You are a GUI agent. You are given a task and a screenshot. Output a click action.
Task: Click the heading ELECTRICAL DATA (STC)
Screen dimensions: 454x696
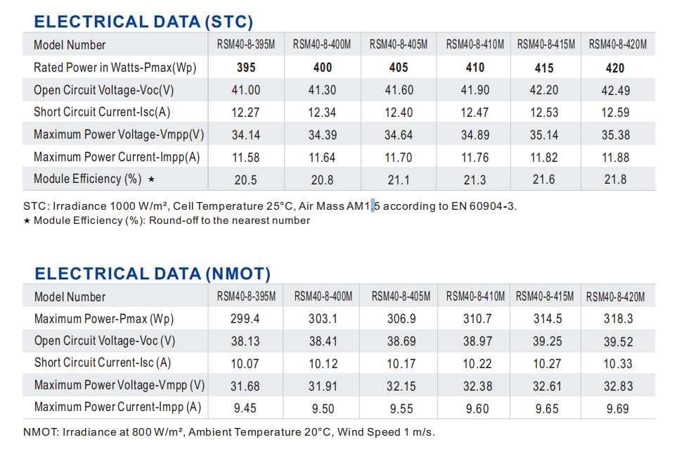coord(143,22)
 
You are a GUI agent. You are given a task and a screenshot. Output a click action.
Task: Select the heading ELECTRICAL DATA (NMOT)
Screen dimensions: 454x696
coord(153,274)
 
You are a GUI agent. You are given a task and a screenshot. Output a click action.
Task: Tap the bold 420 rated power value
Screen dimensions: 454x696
coord(614,68)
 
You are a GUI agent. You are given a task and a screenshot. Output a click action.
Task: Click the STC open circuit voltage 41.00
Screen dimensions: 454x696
coord(245,90)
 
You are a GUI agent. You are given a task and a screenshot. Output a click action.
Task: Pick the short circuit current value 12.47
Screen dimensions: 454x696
coord(475,112)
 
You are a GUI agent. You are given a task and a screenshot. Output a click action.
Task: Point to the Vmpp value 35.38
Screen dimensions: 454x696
coord(615,134)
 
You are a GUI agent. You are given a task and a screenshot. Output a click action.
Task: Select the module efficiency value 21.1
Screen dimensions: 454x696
coord(398,179)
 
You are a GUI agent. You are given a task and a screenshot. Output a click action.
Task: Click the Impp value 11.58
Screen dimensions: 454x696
coord(245,157)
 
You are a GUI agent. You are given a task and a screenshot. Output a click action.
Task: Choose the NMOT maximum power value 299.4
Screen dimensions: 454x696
coord(245,319)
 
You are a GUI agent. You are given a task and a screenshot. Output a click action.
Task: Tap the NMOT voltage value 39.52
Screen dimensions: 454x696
coord(617,341)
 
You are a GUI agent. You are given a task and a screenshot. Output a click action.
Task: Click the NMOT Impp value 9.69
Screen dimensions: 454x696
coord(617,408)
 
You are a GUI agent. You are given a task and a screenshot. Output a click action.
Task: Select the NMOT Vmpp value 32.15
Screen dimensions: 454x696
coord(401,386)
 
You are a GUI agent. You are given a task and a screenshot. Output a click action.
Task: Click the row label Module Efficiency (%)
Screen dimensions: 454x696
coord(88,179)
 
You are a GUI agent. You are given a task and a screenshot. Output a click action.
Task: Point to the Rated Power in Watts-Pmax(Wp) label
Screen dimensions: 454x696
coord(115,68)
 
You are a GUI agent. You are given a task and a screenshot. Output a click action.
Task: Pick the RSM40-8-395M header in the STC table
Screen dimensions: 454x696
coord(245,45)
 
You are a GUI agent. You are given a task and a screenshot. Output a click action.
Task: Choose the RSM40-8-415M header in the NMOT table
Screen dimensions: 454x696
coord(545,296)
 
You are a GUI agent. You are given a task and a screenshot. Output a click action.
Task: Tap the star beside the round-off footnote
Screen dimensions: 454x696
coord(27,221)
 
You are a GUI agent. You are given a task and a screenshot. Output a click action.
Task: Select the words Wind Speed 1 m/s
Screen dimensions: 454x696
coord(386,431)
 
